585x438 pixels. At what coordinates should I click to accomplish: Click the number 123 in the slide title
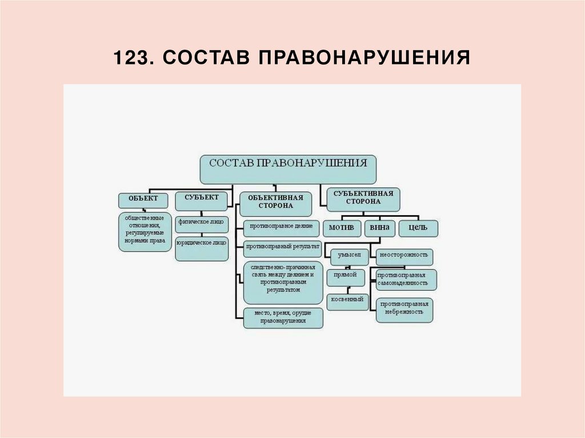[130, 58]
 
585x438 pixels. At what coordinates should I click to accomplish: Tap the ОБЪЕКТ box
[143, 200]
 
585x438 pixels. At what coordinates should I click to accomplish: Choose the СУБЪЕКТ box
[201, 198]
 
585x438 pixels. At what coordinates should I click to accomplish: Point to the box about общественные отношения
[145, 232]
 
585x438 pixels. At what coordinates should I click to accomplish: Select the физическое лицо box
[202, 223]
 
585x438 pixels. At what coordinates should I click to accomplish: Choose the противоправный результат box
[282, 248]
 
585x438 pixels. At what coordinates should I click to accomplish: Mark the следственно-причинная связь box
[283, 282]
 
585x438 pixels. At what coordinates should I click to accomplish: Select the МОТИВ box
[342, 228]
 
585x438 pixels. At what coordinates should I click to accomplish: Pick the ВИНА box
[379, 228]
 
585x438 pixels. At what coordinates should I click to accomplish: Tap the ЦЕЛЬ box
[418, 228]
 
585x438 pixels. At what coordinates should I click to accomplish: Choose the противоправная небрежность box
[404, 308]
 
